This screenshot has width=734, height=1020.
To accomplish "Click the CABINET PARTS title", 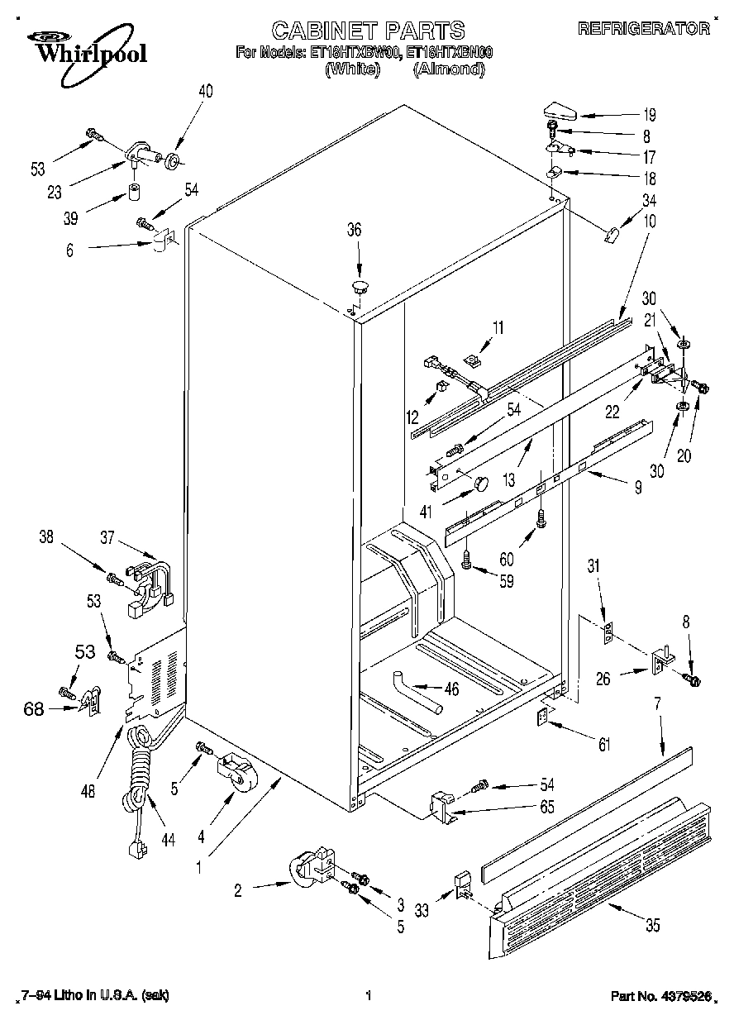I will (368, 31).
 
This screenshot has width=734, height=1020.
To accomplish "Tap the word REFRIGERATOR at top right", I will (644, 29).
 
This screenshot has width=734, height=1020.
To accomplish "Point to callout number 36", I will (354, 231).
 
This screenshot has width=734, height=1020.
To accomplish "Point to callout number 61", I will (604, 745).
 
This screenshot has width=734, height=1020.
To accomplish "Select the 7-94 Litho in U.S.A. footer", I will (93, 997).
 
